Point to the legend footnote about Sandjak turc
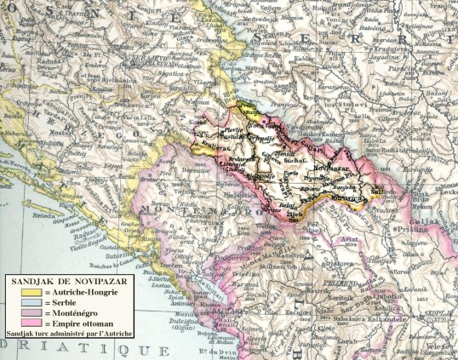[67, 334]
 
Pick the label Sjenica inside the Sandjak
[285, 154]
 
